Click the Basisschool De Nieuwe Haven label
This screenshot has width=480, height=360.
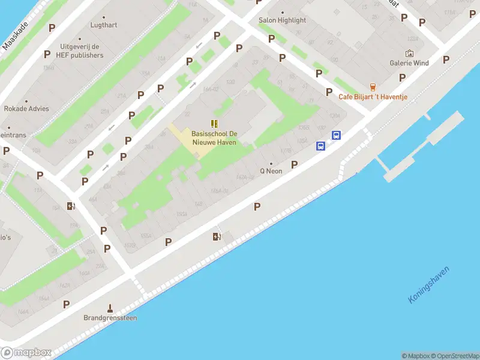click(x=214, y=137)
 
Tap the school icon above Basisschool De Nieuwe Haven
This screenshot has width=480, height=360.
click(x=214, y=123)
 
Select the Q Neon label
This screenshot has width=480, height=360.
click(x=271, y=171)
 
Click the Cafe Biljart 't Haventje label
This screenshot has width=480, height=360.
click(x=374, y=97)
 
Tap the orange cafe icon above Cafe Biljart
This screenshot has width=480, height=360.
click(x=373, y=87)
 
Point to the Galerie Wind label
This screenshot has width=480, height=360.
click(x=409, y=63)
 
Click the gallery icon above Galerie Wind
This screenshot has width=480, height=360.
click(x=409, y=53)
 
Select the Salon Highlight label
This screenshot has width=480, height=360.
click(x=282, y=20)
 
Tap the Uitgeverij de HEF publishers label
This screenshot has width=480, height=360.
click(x=82, y=51)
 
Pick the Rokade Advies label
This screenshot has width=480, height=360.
click(x=26, y=109)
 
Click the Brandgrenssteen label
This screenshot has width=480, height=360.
click(x=110, y=318)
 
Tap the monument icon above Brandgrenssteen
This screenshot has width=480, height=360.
click(x=110, y=308)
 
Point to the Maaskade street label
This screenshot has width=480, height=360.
click(x=16, y=37)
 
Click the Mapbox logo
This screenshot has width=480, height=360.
click(x=26, y=353)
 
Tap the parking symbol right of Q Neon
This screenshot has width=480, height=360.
click(x=294, y=164)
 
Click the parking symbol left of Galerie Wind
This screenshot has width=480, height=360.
click(x=402, y=77)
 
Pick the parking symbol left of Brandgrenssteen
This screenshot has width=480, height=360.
click(x=66, y=304)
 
